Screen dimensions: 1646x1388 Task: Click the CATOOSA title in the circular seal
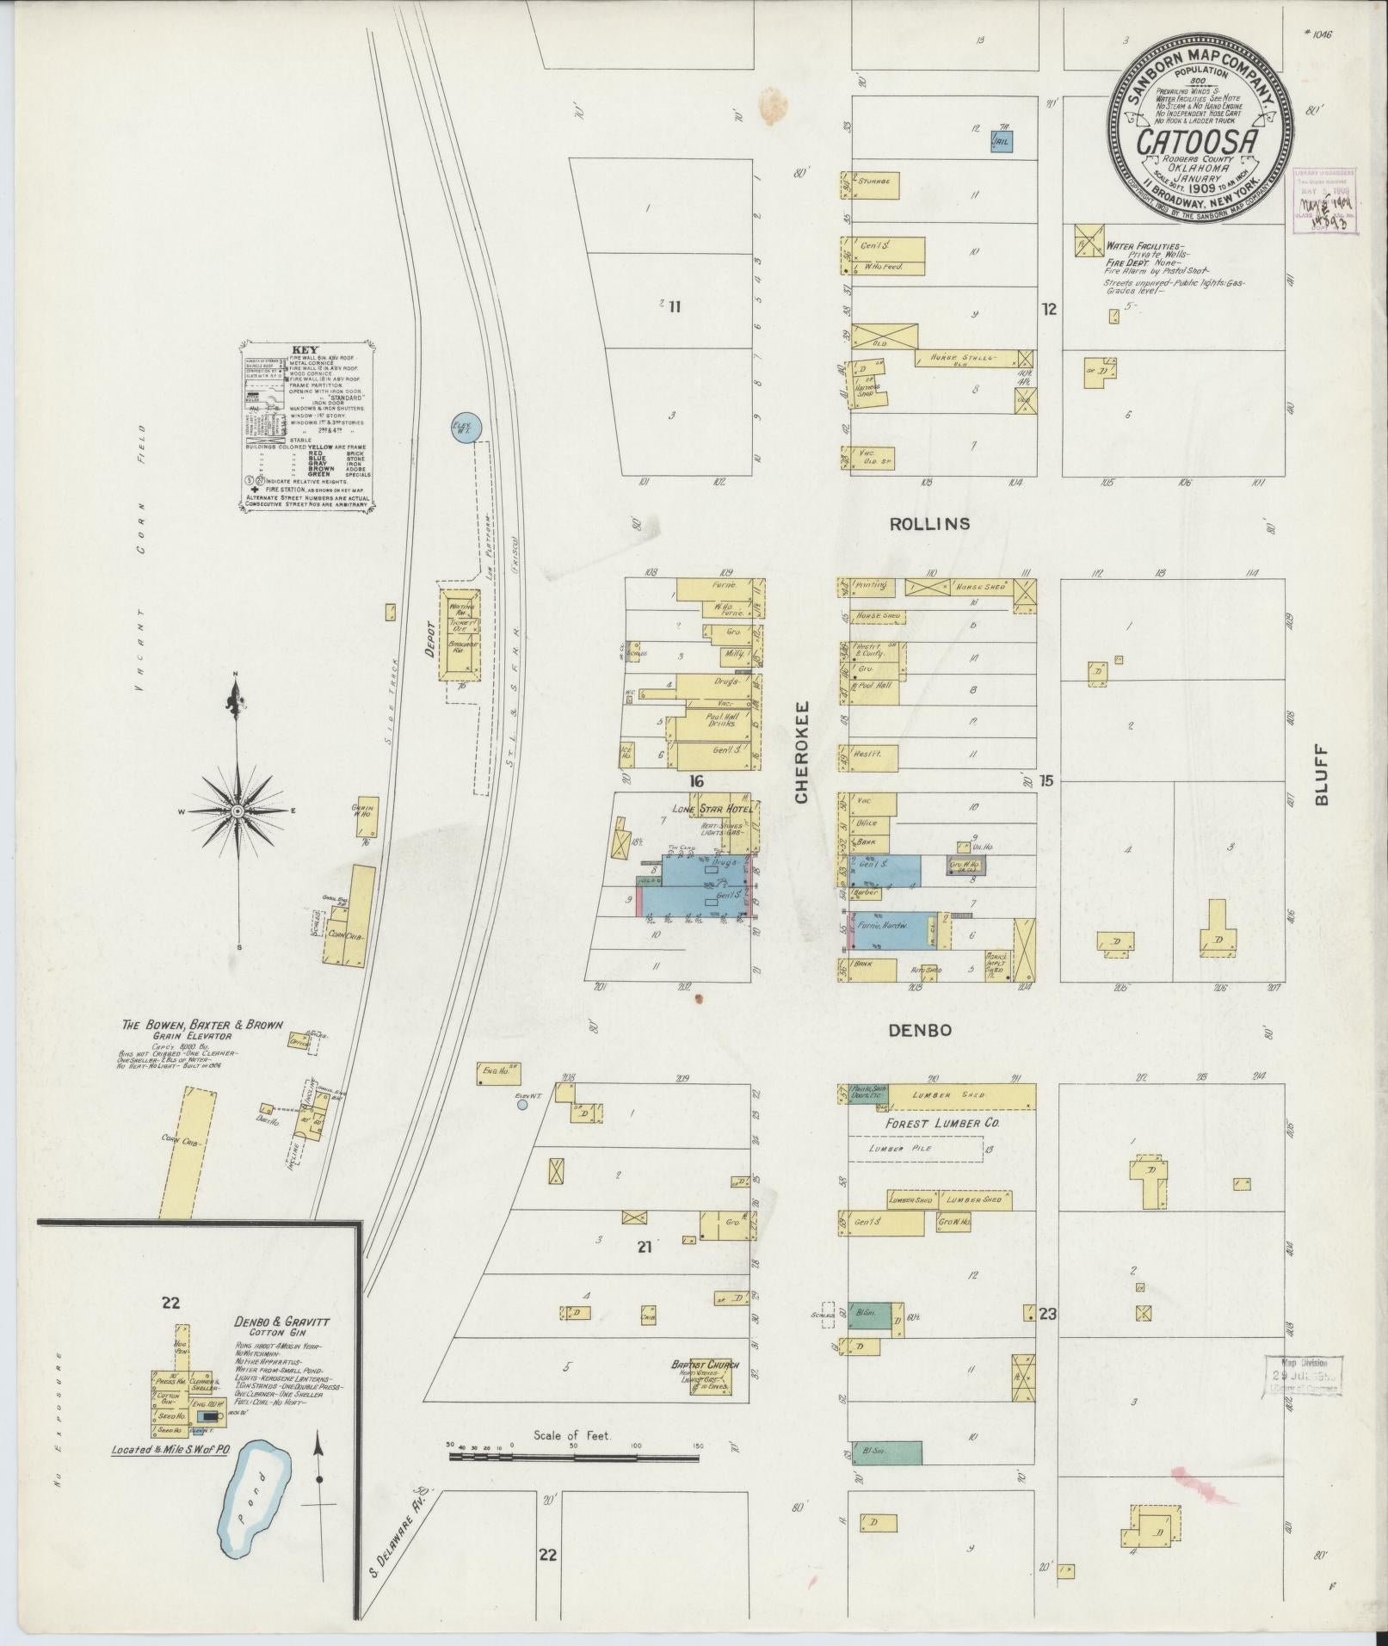1200,141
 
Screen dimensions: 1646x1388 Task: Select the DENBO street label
921,1030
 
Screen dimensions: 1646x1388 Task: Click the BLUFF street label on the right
1321,775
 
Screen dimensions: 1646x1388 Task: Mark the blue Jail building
1001,141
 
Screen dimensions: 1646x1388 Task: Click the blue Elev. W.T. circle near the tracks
466,427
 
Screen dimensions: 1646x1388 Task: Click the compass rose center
239,811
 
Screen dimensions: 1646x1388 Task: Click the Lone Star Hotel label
713,809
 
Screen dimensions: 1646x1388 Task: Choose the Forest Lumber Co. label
935,1122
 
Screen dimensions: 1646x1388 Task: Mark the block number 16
696,781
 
